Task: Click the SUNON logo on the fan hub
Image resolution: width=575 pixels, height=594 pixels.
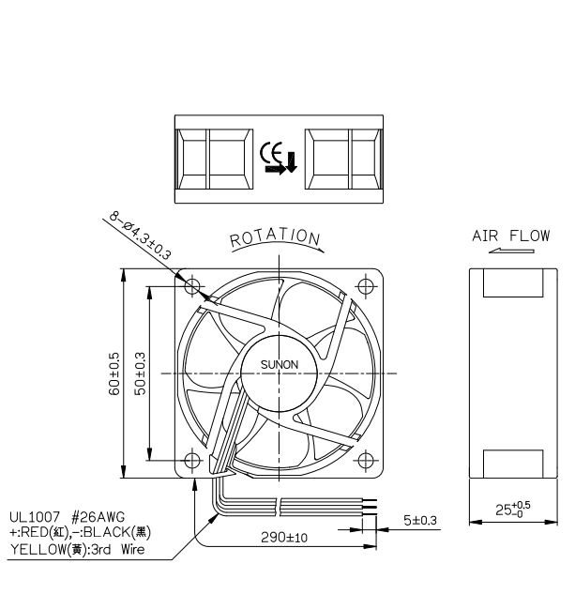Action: pyautogui.click(x=280, y=365)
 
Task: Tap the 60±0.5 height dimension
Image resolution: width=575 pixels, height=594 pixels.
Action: pyautogui.click(x=114, y=373)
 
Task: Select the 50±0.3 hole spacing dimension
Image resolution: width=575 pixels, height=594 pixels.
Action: pyautogui.click(x=140, y=373)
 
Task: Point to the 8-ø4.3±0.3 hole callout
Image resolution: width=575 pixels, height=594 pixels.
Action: pyautogui.click(x=140, y=236)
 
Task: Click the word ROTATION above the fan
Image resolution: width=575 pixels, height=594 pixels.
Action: pyautogui.click(x=276, y=238)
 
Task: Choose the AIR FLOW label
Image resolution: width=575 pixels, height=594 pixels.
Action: pyautogui.click(x=510, y=236)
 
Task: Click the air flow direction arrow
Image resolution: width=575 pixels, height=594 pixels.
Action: pyautogui.click(x=511, y=251)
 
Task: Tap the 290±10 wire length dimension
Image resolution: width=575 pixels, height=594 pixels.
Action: pyautogui.click(x=284, y=537)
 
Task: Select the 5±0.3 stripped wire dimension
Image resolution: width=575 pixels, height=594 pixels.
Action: pyautogui.click(x=420, y=521)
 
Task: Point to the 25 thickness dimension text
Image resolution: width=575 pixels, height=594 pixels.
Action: pyautogui.click(x=513, y=510)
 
